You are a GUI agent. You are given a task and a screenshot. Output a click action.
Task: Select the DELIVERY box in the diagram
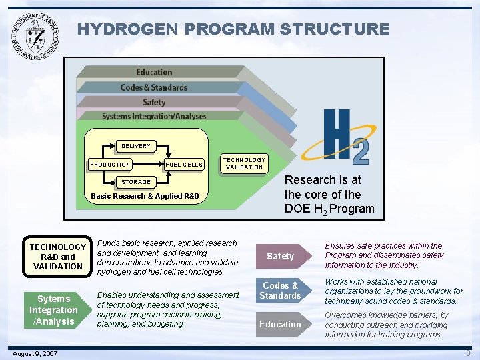point(135,146)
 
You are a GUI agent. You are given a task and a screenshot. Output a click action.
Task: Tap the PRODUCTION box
point(111,164)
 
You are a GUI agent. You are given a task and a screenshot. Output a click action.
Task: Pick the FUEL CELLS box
point(184,164)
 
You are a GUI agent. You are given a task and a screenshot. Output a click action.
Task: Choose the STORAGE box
point(135,181)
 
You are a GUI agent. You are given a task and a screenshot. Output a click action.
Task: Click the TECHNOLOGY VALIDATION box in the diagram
point(244,163)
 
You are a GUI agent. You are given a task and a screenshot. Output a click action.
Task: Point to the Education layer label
point(154,72)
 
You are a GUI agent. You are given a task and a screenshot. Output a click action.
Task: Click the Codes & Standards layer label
point(154,87)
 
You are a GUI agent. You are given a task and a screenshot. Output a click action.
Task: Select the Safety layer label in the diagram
point(154,102)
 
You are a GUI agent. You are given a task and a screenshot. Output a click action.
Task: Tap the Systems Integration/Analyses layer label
point(154,117)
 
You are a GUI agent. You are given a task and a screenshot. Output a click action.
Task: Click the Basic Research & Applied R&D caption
point(145,196)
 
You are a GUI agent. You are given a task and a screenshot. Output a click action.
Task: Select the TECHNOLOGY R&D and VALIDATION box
point(58,257)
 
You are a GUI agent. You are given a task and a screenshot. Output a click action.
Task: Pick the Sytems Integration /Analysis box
point(53,310)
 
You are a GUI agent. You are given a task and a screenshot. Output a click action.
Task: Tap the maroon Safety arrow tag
point(281,256)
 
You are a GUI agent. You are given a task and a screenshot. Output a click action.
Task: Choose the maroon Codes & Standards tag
point(281,290)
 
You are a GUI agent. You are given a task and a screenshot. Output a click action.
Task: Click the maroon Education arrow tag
point(281,324)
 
